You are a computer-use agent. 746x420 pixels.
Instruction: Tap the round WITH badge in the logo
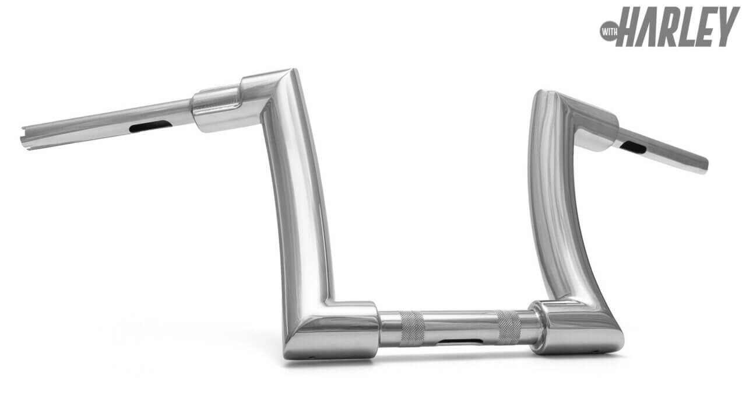[608, 32]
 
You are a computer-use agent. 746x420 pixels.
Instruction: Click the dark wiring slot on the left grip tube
[150, 127]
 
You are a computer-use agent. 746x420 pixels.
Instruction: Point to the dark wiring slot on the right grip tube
[633, 147]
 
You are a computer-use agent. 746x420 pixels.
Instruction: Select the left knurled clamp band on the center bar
[412, 328]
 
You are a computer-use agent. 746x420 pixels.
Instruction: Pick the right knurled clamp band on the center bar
[509, 327]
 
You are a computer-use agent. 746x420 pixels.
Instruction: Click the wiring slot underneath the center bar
[460, 342]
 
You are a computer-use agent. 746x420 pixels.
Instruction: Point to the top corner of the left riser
[293, 70]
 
